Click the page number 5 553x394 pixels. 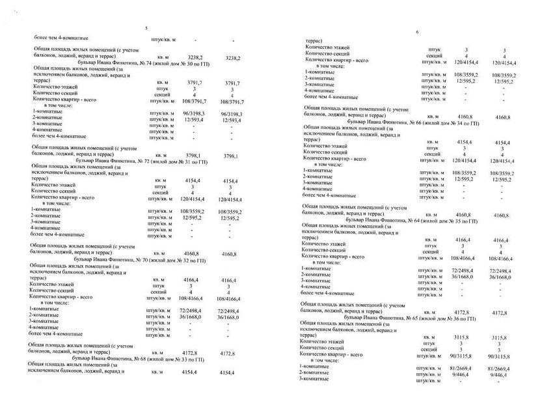(x=146, y=28)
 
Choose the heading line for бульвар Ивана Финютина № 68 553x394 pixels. (x=136, y=359)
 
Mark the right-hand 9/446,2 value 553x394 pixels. (x=500, y=375)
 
